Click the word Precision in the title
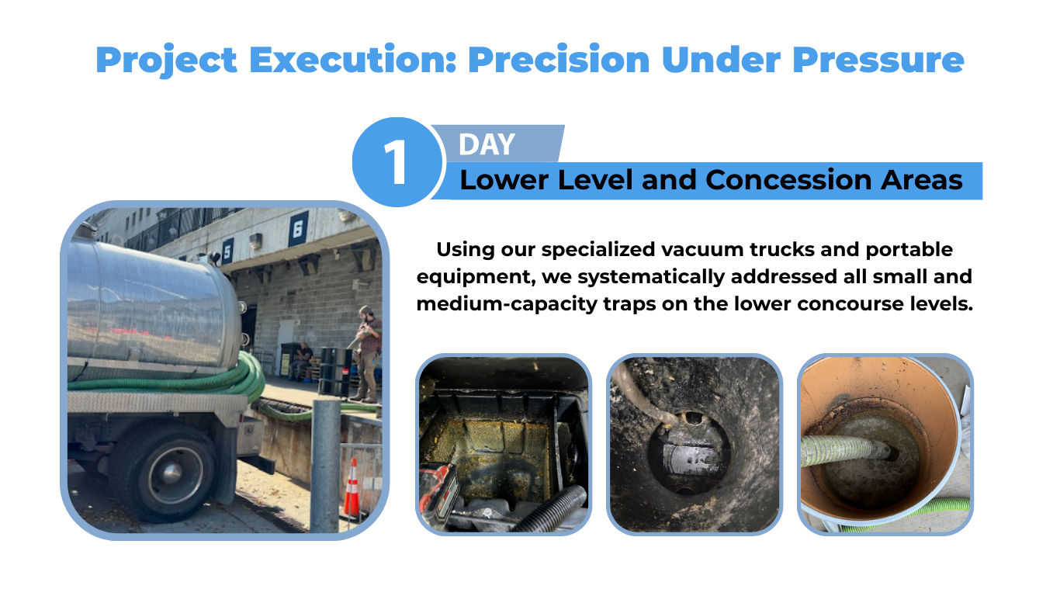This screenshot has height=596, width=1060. pyautogui.click(x=559, y=60)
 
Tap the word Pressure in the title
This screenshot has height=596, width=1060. pyautogui.click(x=878, y=60)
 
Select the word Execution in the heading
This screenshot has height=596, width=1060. pyautogui.click(x=352, y=60)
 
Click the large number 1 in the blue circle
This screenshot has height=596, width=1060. pyautogui.click(x=396, y=162)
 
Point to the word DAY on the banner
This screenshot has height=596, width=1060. pyautogui.click(x=487, y=144)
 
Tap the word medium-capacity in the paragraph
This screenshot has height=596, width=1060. pyautogui.click(x=507, y=304)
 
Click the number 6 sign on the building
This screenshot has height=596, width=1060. pyautogui.click(x=298, y=229)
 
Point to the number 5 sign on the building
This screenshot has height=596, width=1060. pyautogui.click(x=227, y=251)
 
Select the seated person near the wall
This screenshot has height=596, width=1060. pyautogui.click(x=301, y=361)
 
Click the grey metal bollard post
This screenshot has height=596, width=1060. pyautogui.click(x=326, y=466)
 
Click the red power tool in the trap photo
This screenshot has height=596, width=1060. pyautogui.click(x=438, y=494)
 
